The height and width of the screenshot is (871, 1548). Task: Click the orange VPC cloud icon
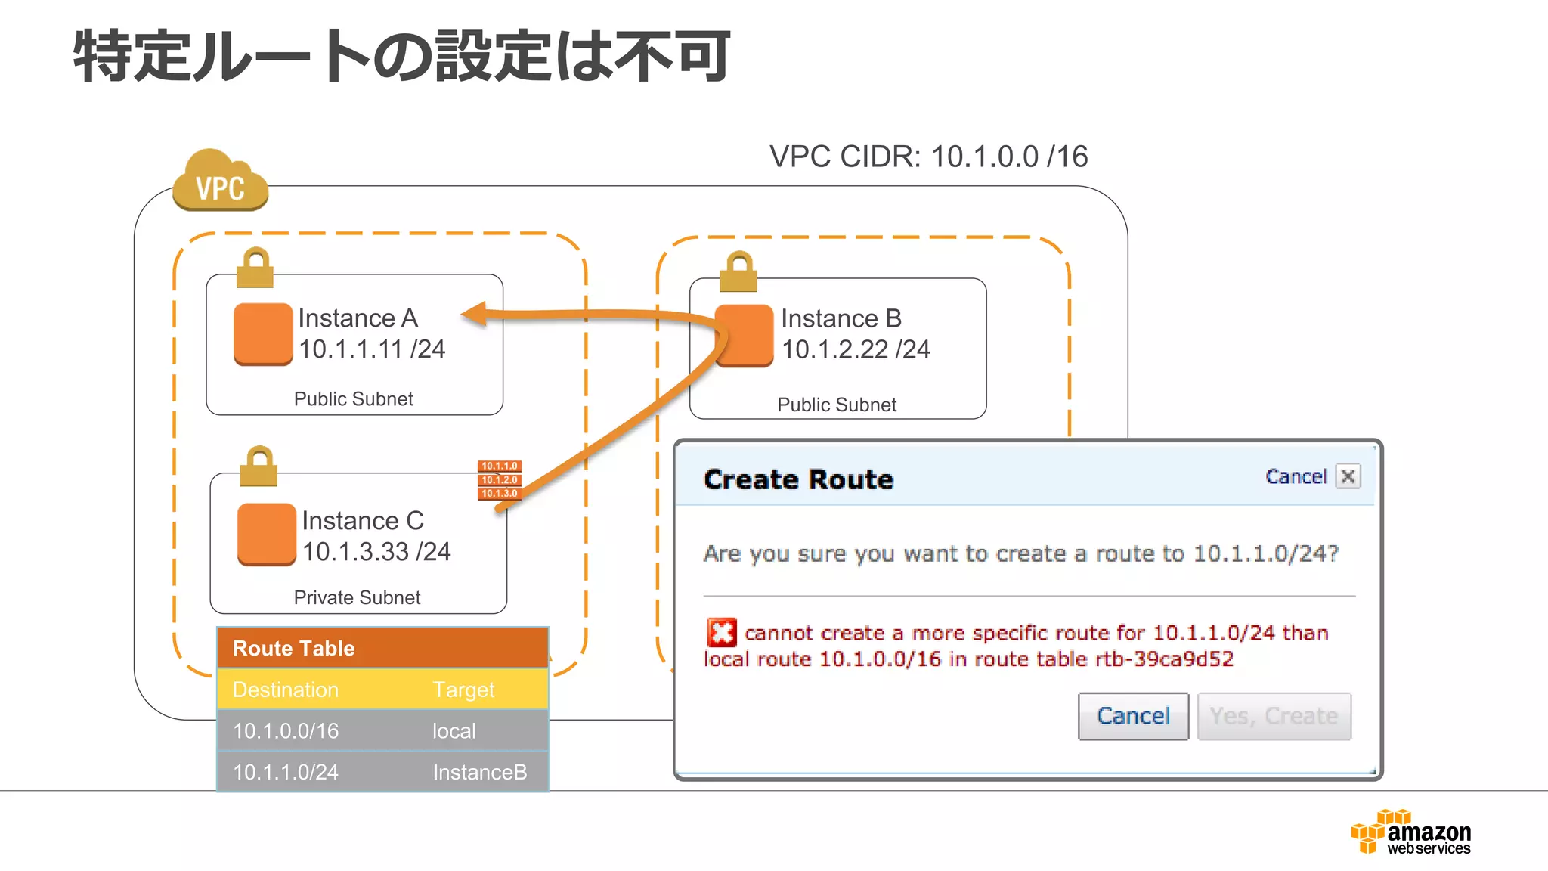pyautogui.click(x=220, y=181)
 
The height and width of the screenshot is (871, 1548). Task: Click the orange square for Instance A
pyautogui.click(x=263, y=333)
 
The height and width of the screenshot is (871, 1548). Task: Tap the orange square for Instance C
pyautogui.click(x=266, y=534)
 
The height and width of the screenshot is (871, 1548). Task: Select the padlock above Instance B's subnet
pyautogui.click(x=738, y=272)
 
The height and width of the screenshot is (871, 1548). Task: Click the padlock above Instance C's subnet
pyautogui.click(x=259, y=466)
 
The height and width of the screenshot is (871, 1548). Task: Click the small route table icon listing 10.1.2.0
pyautogui.click(x=500, y=480)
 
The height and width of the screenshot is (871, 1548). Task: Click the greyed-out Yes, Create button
pyautogui.click(x=1274, y=716)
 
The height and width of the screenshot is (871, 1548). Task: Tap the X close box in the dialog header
pyautogui.click(x=1348, y=476)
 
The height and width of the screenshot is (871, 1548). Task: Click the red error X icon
pyautogui.click(x=721, y=632)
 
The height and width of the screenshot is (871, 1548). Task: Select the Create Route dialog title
pyautogui.click(x=798, y=479)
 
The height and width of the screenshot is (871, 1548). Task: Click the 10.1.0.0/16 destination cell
pyautogui.click(x=286, y=731)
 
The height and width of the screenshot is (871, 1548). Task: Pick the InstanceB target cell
pyautogui.click(x=479, y=772)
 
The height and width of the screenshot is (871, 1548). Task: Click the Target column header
pyautogui.click(x=463, y=690)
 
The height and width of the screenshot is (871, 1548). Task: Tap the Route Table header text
pyautogui.click(x=293, y=648)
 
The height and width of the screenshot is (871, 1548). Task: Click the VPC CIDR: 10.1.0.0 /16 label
pyautogui.click(x=928, y=157)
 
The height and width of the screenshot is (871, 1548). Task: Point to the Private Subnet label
pyautogui.click(x=357, y=597)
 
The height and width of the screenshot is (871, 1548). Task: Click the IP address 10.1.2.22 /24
pyautogui.click(x=856, y=349)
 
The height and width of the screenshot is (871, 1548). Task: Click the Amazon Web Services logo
pyautogui.click(x=1410, y=832)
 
